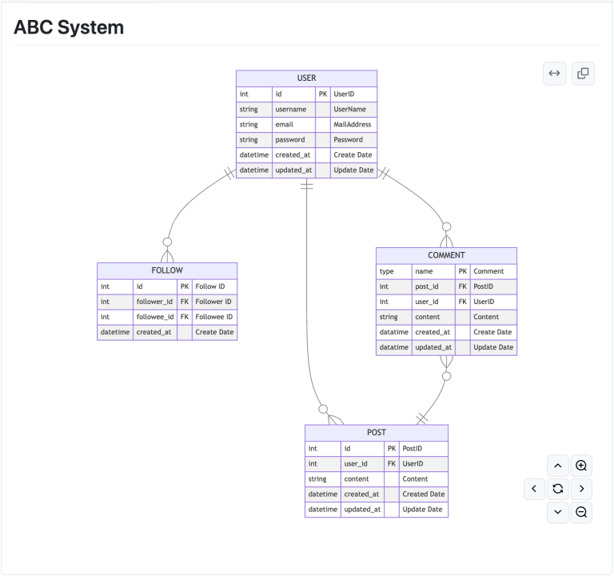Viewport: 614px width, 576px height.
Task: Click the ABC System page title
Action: tap(69, 28)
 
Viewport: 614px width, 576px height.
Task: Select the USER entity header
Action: tap(306, 78)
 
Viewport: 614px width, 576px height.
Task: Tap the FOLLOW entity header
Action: tap(167, 270)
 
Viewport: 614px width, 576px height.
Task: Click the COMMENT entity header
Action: tap(446, 255)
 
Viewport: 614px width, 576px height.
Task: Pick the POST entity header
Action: tap(376, 433)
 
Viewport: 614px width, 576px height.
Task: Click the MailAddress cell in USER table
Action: tap(353, 125)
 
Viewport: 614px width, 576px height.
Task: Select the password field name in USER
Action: tap(290, 140)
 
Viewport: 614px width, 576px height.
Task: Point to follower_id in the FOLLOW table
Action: tap(154, 302)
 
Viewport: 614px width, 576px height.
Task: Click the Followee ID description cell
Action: tap(213, 317)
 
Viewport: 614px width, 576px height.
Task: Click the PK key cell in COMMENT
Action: tap(462, 271)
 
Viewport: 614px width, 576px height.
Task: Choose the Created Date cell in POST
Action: tap(423, 494)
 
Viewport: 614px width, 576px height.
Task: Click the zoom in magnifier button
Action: tap(581, 466)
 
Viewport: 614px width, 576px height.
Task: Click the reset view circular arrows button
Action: tap(558, 488)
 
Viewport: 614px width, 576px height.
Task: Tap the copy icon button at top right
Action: tap(583, 74)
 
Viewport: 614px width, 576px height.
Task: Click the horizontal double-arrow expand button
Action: tap(554, 74)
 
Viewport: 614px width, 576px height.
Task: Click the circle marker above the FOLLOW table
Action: tap(167, 242)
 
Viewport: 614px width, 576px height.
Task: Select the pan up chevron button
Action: tap(558, 466)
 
